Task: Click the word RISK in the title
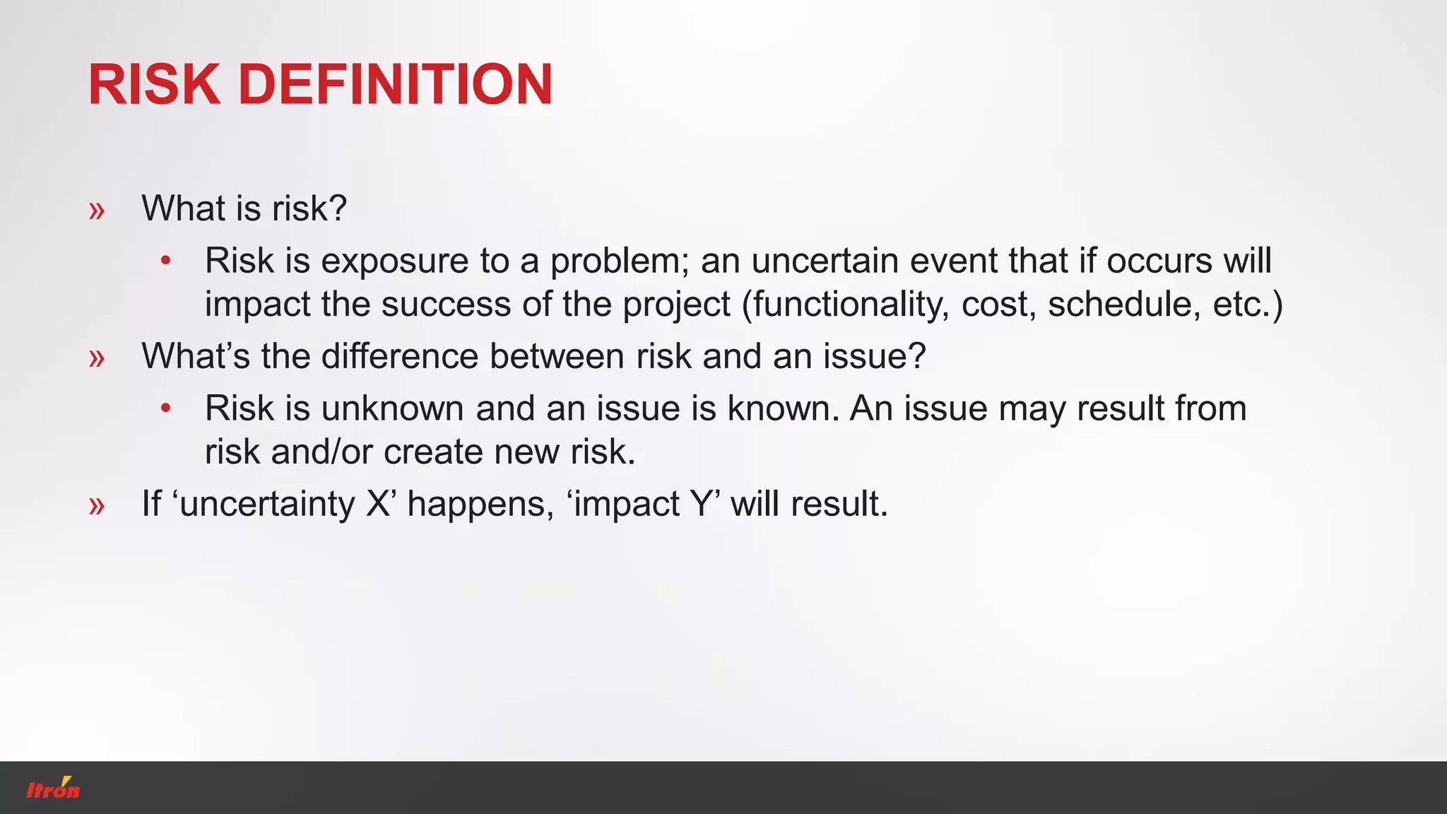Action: pos(154,85)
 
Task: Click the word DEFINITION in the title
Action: pos(395,85)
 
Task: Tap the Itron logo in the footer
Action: pos(53,789)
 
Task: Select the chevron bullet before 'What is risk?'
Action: pos(97,211)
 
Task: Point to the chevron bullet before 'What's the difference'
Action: pos(97,358)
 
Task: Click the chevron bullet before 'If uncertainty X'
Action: pos(97,506)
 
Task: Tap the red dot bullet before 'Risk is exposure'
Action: pos(165,261)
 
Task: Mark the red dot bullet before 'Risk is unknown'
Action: pos(165,408)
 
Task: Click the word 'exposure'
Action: pos(395,261)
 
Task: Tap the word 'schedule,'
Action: pos(1124,305)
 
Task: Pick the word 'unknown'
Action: pos(393,408)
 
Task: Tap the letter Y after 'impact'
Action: pos(702,504)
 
